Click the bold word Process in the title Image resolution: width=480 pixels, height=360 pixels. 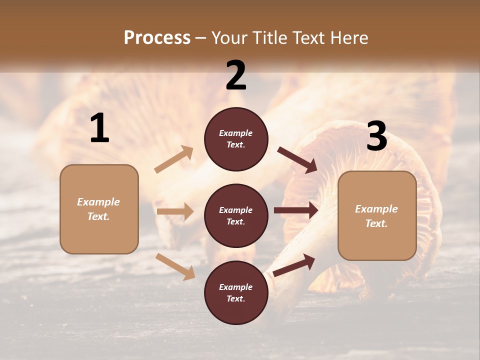click(x=157, y=38)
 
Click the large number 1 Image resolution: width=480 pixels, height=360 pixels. click(x=99, y=128)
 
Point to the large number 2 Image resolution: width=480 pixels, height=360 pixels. click(x=236, y=75)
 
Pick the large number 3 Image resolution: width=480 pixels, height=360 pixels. click(x=376, y=136)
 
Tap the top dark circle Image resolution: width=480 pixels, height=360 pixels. click(x=236, y=139)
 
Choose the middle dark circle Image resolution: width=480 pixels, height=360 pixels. click(x=236, y=216)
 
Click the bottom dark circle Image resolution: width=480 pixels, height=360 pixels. click(x=236, y=293)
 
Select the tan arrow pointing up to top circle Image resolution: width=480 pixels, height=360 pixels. click(x=173, y=159)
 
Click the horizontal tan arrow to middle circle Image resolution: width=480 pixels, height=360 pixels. click(x=175, y=211)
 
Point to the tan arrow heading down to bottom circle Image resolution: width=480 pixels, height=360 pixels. click(x=175, y=266)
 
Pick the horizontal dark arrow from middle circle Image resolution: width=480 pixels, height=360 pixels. click(x=296, y=210)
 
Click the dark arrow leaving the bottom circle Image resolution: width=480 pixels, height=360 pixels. click(x=294, y=265)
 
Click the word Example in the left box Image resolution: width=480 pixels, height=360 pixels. click(x=98, y=202)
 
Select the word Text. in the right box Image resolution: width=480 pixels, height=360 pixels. click(x=376, y=223)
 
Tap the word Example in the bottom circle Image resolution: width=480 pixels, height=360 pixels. click(x=236, y=287)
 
